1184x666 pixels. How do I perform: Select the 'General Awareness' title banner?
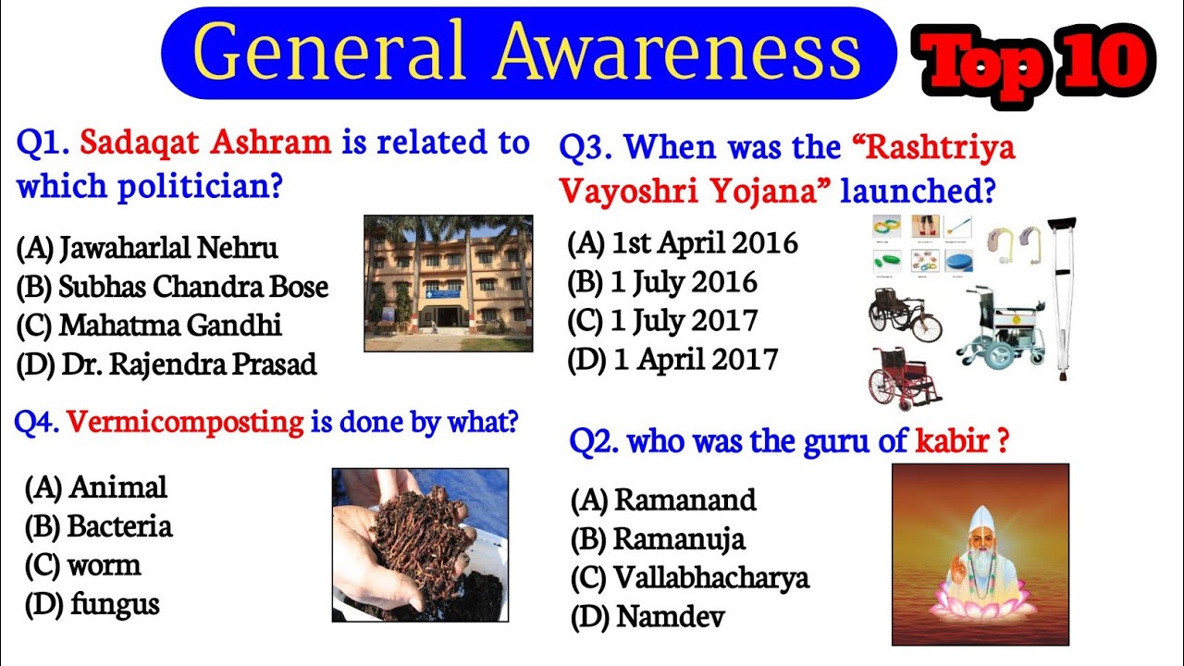(528, 53)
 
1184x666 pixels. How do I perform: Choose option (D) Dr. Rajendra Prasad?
(166, 364)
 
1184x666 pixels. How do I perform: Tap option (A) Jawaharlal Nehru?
(147, 248)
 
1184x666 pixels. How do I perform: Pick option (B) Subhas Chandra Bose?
(172, 287)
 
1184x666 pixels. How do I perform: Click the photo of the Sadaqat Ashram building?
(448, 283)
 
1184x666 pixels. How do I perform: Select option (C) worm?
(83, 565)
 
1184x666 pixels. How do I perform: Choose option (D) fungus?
(92, 605)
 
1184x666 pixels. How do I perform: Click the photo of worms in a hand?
(420, 545)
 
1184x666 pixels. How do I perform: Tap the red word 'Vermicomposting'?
(186, 423)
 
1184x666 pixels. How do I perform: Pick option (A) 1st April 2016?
(682, 243)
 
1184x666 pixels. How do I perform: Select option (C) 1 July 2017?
(662, 321)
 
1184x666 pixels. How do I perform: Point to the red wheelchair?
(903, 376)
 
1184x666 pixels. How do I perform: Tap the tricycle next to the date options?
(903, 314)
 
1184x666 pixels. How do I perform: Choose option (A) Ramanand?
(663, 500)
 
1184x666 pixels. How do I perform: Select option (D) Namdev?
(647, 617)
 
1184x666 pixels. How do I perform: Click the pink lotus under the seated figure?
(980, 607)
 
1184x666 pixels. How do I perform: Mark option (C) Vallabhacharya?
(689, 578)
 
